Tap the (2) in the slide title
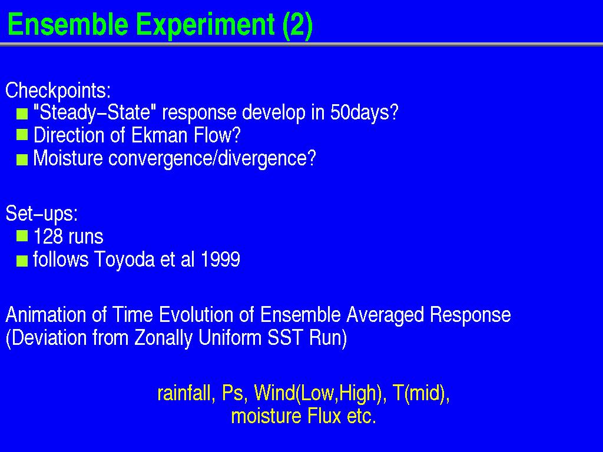(x=297, y=25)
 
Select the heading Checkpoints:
(x=58, y=90)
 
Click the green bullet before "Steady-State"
(x=22, y=114)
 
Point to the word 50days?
(x=364, y=112)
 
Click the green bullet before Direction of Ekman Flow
(x=22, y=135)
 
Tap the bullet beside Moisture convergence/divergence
(x=22, y=159)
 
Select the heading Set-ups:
(x=42, y=213)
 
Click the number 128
(x=47, y=237)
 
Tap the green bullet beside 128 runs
(x=22, y=236)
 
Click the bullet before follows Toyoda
(x=22, y=261)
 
